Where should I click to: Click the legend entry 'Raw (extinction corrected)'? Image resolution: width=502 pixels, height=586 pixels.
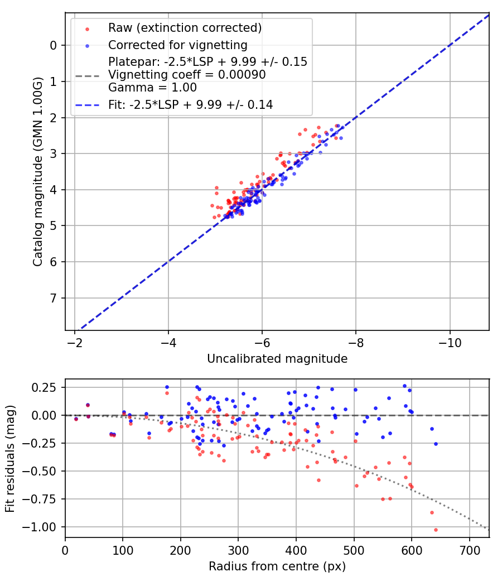[185, 28]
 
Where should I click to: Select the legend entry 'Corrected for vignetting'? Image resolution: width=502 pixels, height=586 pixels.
[177, 45]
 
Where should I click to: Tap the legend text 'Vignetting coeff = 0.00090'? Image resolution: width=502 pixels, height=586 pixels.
[187, 75]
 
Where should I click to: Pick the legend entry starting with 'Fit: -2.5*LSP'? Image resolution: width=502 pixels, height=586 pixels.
[190, 104]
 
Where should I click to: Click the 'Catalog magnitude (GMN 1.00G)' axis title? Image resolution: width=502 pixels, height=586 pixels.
[37, 170]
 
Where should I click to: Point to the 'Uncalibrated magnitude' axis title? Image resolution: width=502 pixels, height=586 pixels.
[277, 359]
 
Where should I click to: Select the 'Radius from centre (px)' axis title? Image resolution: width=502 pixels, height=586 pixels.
[277, 566]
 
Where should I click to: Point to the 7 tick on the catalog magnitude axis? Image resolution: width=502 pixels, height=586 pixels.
[53, 298]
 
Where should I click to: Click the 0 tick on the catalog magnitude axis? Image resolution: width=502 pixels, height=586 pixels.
[53, 45]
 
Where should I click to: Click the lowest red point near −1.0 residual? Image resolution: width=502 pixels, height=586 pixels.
[436, 530]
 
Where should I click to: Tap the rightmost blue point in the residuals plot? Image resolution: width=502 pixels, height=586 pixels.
[436, 444]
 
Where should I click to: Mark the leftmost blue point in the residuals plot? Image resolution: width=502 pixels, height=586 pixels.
[76, 419]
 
